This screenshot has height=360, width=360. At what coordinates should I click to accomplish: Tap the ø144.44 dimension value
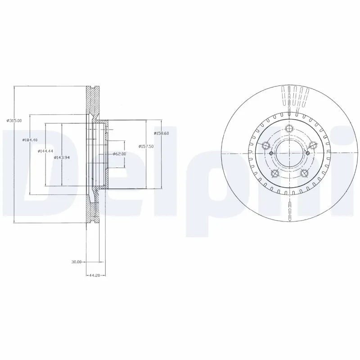tap(45, 151)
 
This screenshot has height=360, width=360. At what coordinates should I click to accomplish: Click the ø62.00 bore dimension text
tap(119, 154)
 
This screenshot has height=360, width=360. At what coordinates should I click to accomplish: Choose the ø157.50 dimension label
tap(146, 146)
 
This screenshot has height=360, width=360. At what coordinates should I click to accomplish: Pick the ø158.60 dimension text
tap(161, 133)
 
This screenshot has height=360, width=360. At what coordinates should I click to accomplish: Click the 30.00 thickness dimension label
tap(76, 261)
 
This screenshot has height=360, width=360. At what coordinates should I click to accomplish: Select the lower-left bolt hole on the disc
tap(274, 174)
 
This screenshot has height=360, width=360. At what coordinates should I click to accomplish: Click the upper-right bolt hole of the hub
tap(313, 145)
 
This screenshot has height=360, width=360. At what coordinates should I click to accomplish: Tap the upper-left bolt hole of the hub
tap(265, 145)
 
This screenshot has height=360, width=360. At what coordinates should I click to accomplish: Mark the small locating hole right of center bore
tap(306, 153)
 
